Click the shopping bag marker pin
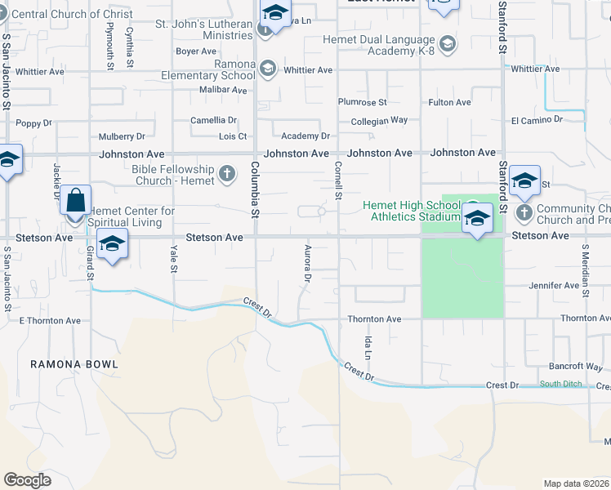coord(75,201)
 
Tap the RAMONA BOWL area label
coord(74,363)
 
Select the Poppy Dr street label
coord(34,123)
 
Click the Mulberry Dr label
coord(122,136)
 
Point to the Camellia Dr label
coord(213,120)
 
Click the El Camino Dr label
coord(537,119)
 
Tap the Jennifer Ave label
coord(554,286)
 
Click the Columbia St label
coord(255,190)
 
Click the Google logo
coord(27,480)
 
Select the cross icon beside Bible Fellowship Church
coord(227,173)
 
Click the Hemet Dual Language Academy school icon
coord(447,43)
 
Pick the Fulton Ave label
coord(450,102)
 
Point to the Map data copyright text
coord(576,483)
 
